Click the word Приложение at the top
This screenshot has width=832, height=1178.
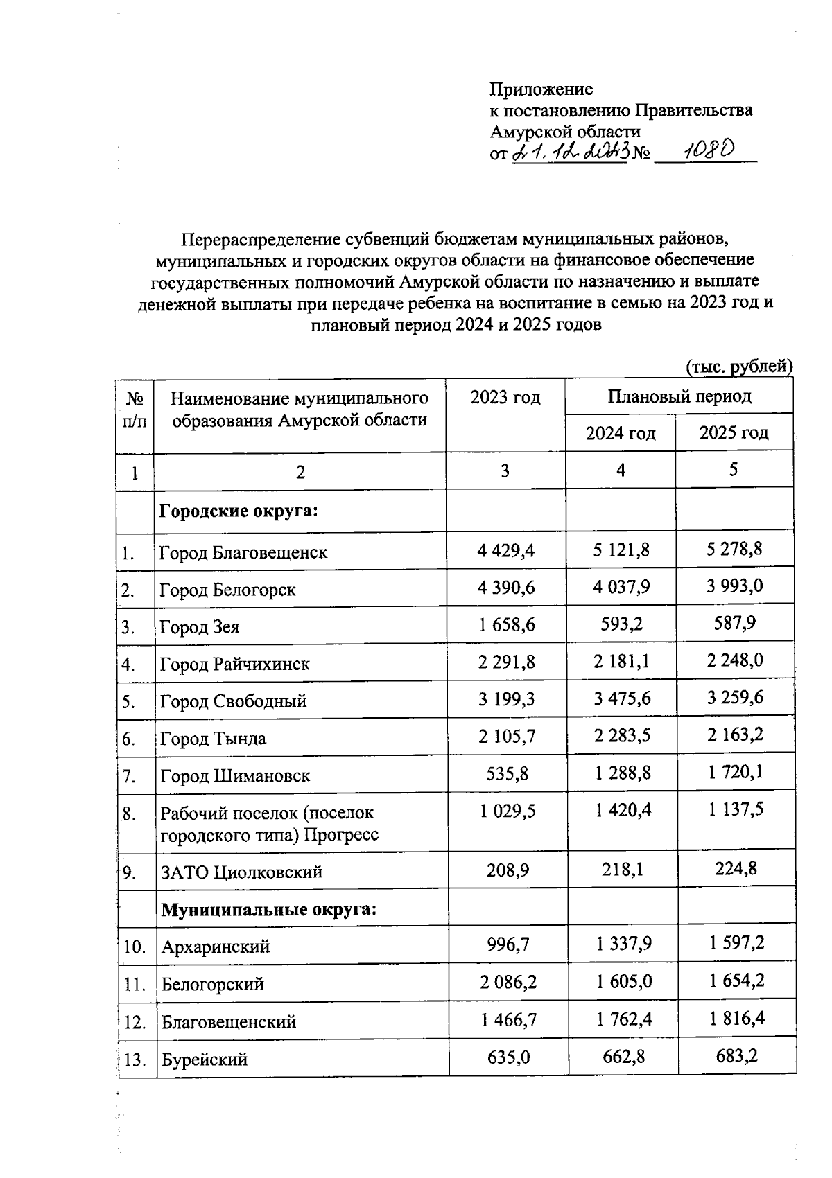[x=541, y=89]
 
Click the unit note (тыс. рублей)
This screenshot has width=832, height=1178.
[x=739, y=366]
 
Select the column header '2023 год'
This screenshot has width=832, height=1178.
[x=505, y=398]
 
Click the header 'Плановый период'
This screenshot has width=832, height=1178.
[x=679, y=397]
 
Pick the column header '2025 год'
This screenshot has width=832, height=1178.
[x=734, y=434]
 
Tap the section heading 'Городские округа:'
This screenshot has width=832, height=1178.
[x=239, y=511]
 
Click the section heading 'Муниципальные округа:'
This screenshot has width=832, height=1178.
[x=269, y=909]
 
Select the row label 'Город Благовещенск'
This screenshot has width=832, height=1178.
[x=243, y=553]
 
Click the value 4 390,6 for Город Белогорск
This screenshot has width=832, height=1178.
[x=506, y=588]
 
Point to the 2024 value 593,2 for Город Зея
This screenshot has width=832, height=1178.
[x=621, y=624]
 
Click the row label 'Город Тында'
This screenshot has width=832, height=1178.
[x=213, y=739]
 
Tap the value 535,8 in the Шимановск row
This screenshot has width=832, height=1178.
[x=508, y=773]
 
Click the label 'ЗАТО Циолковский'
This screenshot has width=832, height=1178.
[x=241, y=872]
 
